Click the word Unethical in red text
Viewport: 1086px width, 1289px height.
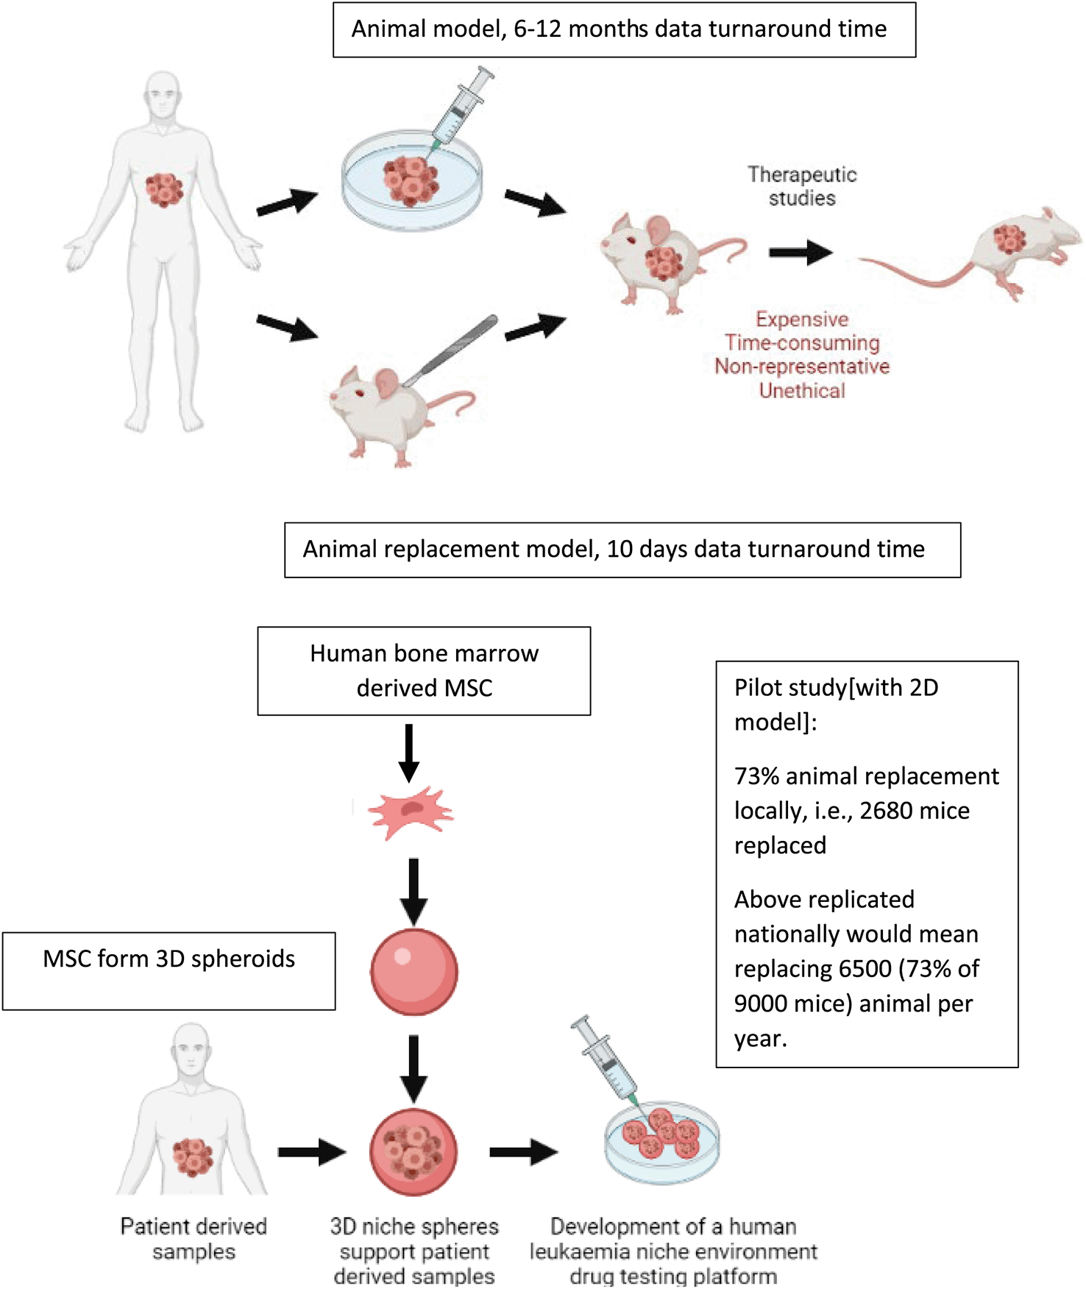801,391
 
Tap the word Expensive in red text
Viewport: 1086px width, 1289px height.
801,319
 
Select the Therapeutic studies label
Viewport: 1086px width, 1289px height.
802,186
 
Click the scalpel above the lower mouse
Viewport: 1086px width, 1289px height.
450,349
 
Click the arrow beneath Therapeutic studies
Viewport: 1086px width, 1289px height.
801,253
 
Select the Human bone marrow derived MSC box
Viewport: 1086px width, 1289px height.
424,670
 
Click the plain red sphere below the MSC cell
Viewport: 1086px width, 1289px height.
414,971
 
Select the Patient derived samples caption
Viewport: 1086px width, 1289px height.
194,1239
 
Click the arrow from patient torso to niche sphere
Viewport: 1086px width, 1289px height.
311,1151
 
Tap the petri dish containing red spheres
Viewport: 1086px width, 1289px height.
661,1143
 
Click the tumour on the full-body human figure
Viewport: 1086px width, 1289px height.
163,189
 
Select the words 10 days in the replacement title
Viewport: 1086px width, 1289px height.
647,550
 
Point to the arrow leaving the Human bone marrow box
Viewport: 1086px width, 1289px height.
409,753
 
